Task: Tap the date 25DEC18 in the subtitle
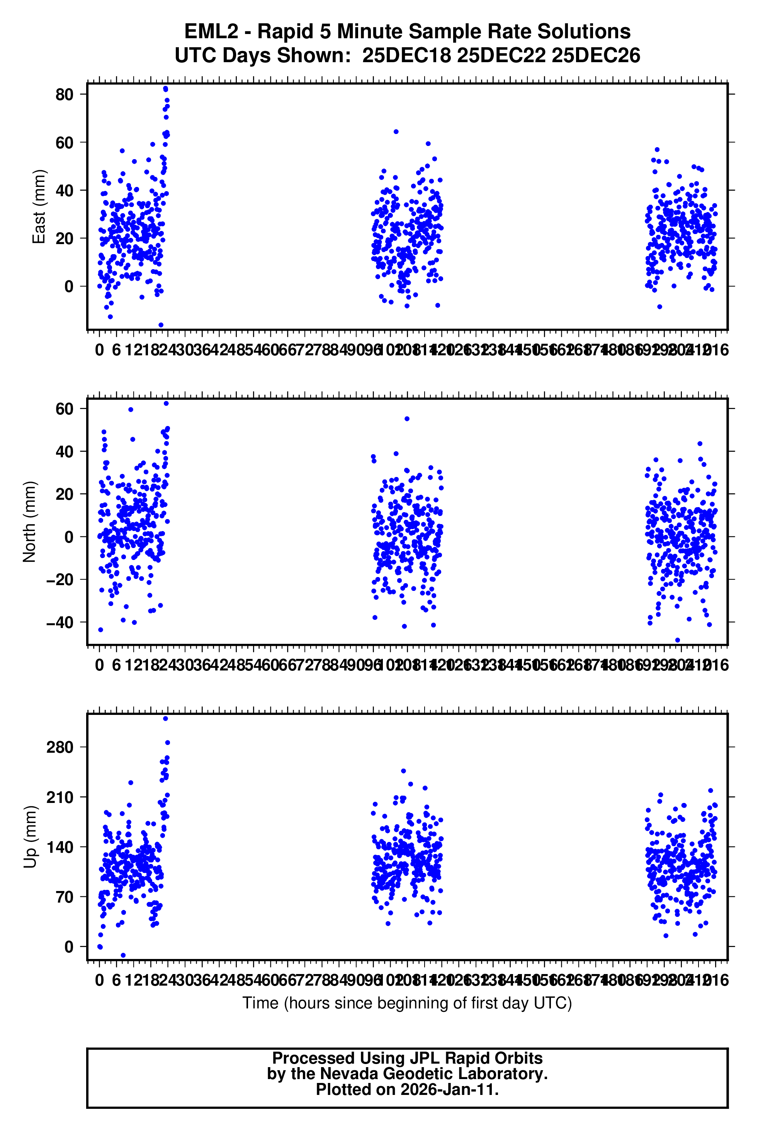coord(406,56)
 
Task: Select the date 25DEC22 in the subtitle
coord(501,56)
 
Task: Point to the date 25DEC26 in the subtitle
coord(596,56)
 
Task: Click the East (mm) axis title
coord(39,207)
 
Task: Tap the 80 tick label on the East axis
coord(64,95)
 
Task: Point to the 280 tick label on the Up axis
coord(59,747)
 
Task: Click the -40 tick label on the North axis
coord(59,622)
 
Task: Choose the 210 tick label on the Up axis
coord(59,797)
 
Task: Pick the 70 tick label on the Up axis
coord(64,897)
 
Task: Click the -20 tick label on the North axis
coord(59,580)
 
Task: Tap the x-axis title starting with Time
coord(407,1003)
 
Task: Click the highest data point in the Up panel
coord(165,718)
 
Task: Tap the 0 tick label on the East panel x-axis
coord(100,350)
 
